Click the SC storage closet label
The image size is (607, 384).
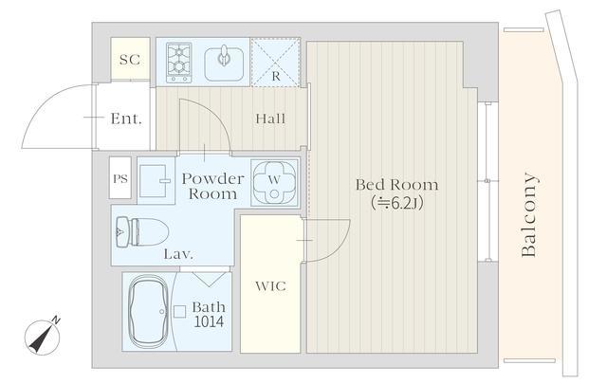(x=130, y=60)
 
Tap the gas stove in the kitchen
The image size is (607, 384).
(x=179, y=63)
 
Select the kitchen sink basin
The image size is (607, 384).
(x=224, y=64)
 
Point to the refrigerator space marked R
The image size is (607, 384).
(x=276, y=62)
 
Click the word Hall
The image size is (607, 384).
(x=270, y=119)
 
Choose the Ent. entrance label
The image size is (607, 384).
(x=126, y=119)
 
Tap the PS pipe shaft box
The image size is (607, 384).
(x=120, y=178)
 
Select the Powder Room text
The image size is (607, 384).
(x=212, y=186)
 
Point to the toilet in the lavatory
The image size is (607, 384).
(x=142, y=232)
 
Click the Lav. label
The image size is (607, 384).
(x=178, y=254)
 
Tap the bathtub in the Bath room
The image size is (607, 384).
(x=148, y=312)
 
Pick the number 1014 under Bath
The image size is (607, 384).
(x=209, y=321)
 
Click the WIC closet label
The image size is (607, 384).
(x=271, y=286)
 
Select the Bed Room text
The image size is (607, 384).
(x=397, y=185)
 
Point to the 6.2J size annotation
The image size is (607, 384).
(x=396, y=203)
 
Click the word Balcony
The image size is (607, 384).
(x=529, y=215)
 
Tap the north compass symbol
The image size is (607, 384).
(x=42, y=338)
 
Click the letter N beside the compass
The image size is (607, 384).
(x=56, y=320)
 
